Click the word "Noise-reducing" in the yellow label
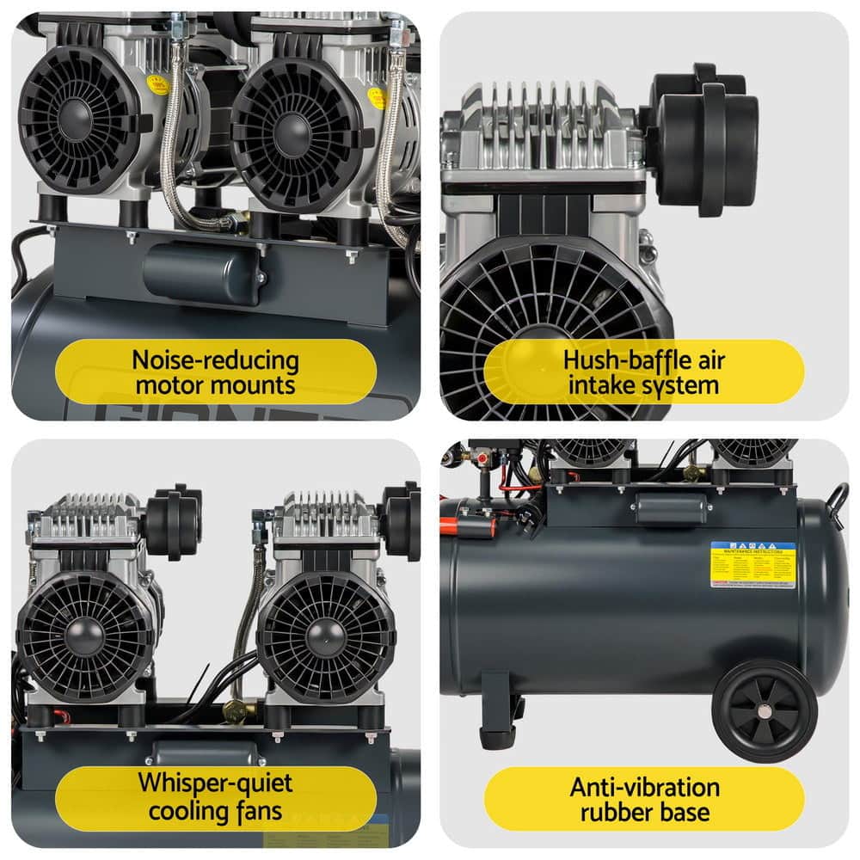(x=216, y=359)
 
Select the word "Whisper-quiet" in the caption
(x=216, y=783)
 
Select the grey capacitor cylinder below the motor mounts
(x=204, y=273)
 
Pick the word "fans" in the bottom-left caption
(x=258, y=809)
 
